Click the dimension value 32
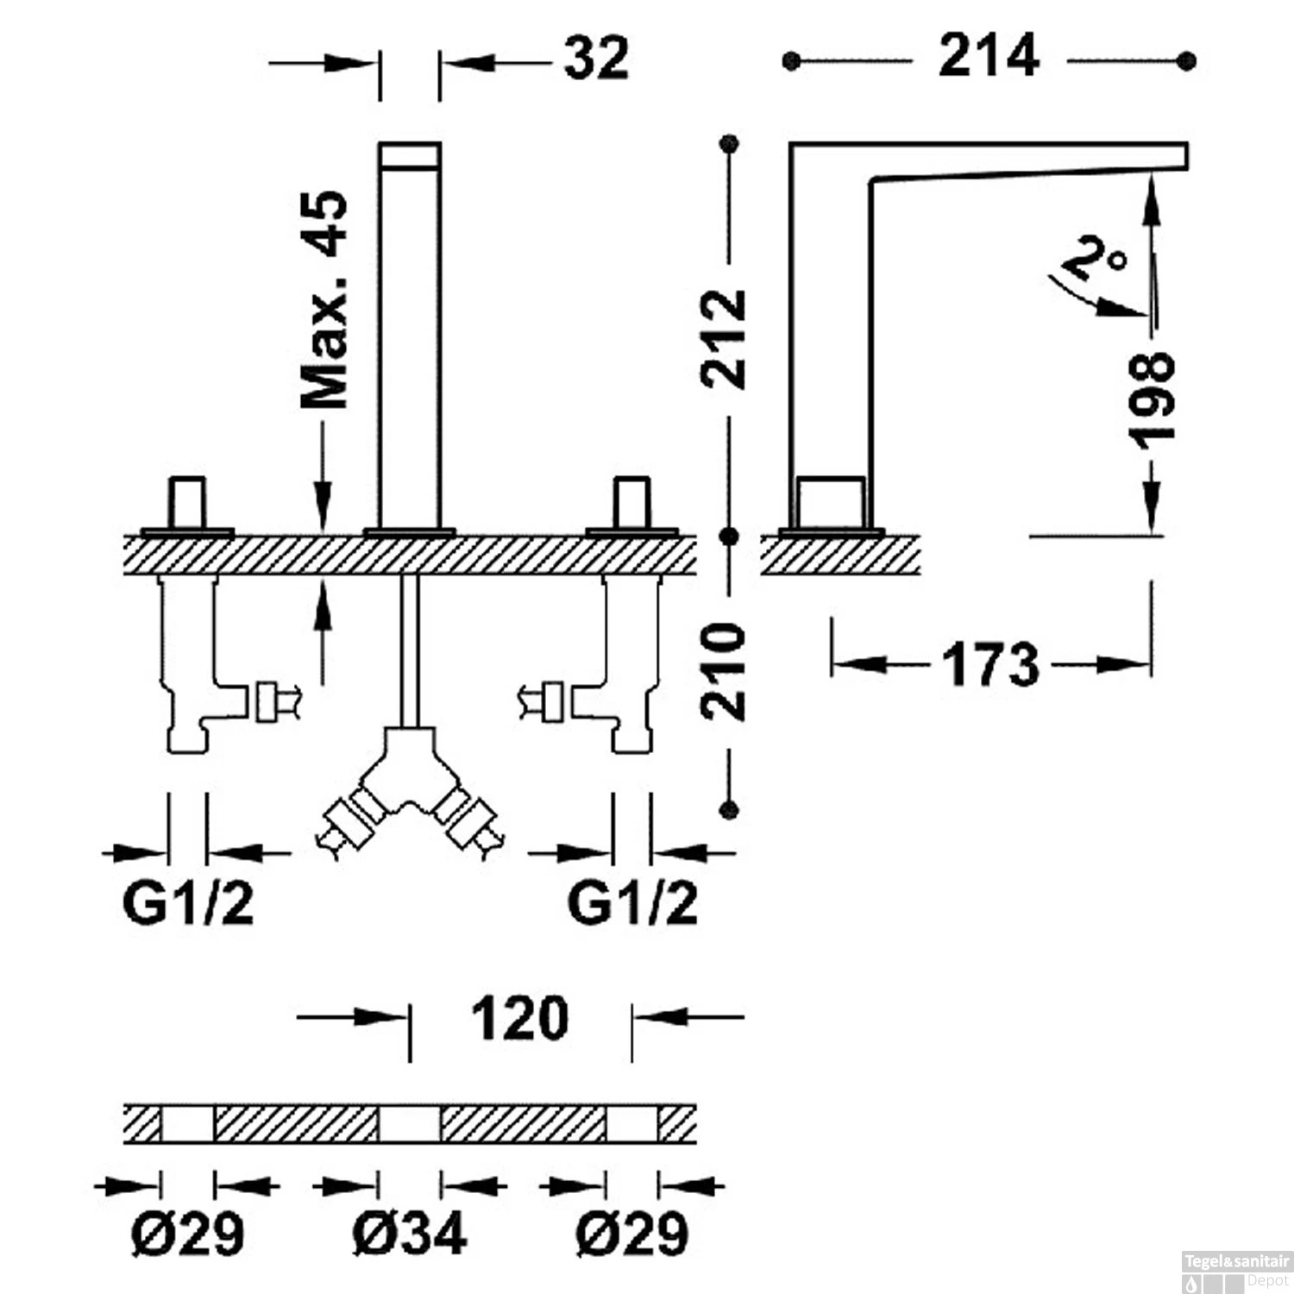coord(596,59)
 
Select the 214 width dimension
coord(989,56)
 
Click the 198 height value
coord(1152,400)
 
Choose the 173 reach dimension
coord(990,664)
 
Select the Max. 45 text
coord(324,299)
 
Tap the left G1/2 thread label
coord(188,903)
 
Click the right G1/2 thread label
coord(632,903)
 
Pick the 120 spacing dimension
coord(520,1018)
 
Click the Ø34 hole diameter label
coord(410,1233)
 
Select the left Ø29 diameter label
coord(187,1233)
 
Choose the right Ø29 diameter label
coord(632,1233)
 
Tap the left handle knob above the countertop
coord(187,502)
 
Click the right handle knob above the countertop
coord(632,502)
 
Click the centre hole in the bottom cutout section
coord(410,1124)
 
